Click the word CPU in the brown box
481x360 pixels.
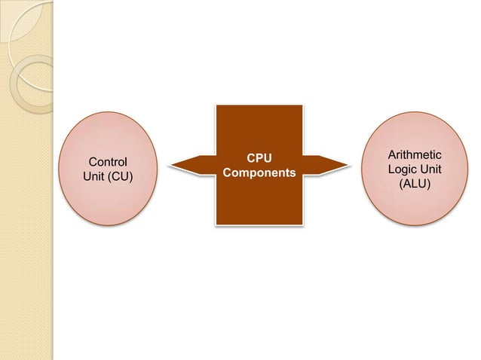(259, 158)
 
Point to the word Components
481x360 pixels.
(259, 172)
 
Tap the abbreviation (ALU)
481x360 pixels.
(415, 182)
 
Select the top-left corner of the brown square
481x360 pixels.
(217, 105)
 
